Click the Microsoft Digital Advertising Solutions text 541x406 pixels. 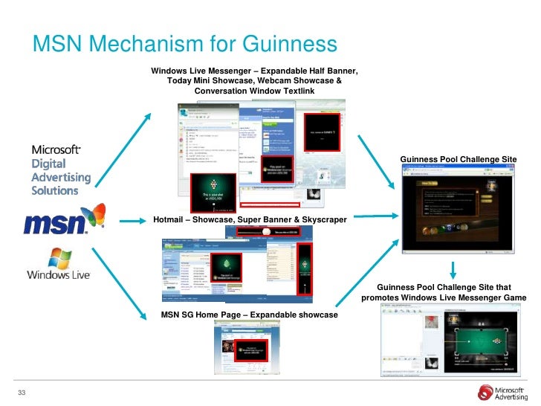pyautogui.click(x=61, y=170)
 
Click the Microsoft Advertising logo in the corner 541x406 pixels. pyautogui.click(x=505, y=392)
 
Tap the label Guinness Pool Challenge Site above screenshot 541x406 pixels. pyautogui.click(x=458, y=160)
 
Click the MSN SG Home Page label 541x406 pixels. pyautogui.click(x=249, y=315)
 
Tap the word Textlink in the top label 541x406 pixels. pyautogui.click(x=296, y=91)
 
